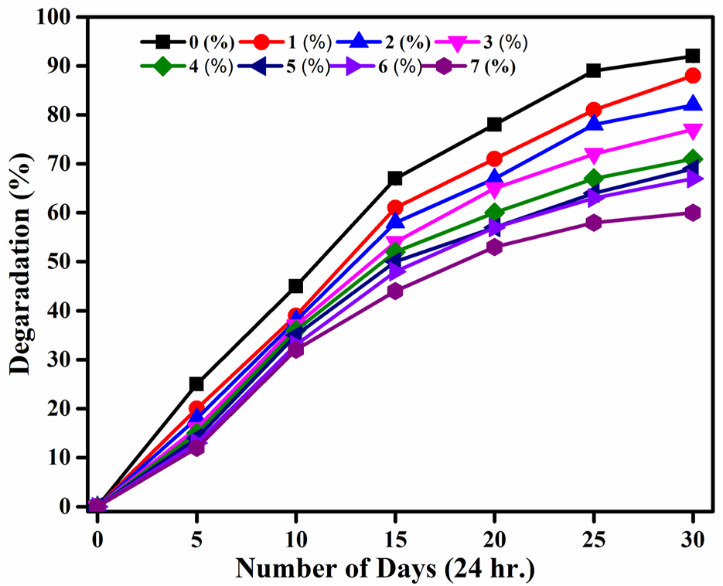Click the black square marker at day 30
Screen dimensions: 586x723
point(692,56)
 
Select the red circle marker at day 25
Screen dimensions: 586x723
point(593,110)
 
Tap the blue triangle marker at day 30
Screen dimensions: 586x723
point(692,104)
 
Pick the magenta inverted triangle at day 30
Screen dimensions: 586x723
point(692,131)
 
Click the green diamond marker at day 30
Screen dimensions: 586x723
point(692,159)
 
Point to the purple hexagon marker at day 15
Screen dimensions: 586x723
point(395,291)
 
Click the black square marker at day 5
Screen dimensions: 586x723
point(196,384)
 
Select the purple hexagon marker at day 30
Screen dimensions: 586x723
point(692,213)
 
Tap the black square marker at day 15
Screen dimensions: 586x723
point(395,179)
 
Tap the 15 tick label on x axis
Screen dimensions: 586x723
point(395,538)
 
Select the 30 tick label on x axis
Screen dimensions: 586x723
point(692,538)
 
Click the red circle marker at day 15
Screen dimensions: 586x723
point(395,208)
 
